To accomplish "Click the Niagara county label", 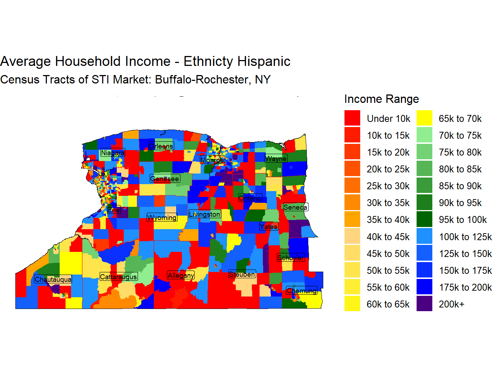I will tap(112, 153).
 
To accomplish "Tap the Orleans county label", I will tap(161, 146).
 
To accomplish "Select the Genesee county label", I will tap(165, 179).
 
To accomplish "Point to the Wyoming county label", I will tap(162, 217).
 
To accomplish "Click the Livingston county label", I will tap(205, 214).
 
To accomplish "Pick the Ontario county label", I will tap(250, 198).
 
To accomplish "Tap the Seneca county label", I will tap(295, 207).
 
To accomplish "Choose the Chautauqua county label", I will tap(53, 279).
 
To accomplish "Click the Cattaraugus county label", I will tap(119, 277).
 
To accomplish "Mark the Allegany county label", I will tap(181, 275).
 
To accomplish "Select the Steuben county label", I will tap(242, 274).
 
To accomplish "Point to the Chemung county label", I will tap(302, 291).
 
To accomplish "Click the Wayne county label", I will tap(276, 159).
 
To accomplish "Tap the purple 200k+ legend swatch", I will tap(424, 304).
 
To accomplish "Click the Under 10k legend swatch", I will tap(352, 118).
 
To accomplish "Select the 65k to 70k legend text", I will tap(460, 119).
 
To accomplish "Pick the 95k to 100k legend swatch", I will tap(424, 220).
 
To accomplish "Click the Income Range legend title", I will tap(381, 99).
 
